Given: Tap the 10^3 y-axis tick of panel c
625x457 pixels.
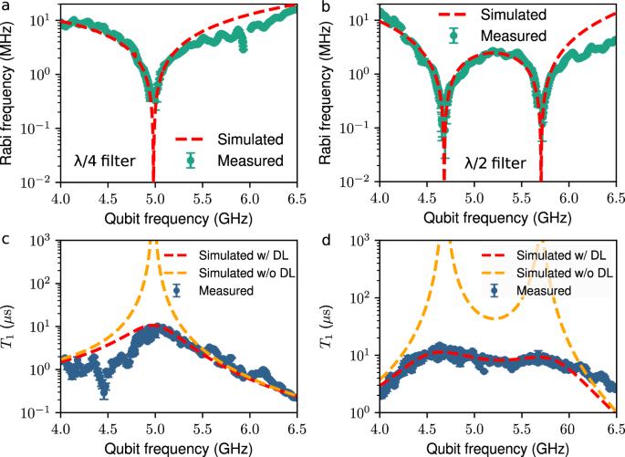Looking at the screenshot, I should pos(39,240).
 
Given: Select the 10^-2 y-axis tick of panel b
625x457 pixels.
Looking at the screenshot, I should pos(354,182).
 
